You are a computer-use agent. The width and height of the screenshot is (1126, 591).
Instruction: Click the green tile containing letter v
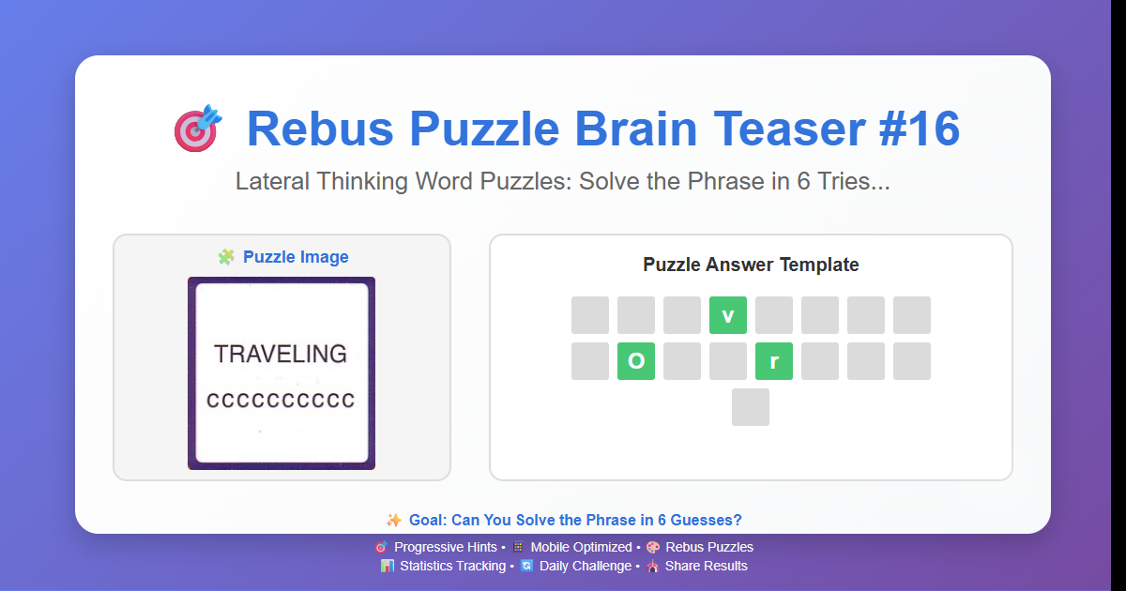point(728,315)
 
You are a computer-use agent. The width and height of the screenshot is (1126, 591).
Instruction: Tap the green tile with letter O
point(636,361)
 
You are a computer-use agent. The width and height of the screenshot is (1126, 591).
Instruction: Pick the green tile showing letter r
point(774,361)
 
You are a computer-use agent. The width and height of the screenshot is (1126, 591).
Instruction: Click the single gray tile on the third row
point(751,407)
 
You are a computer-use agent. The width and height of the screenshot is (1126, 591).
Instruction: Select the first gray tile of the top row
point(590,315)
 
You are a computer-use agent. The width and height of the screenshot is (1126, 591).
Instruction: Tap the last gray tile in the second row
point(912,361)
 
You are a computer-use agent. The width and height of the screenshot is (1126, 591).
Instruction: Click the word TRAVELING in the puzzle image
point(281,354)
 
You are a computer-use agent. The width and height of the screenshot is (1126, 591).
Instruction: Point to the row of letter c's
point(281,401)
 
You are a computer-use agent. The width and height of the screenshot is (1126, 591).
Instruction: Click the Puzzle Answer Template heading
point(751,265)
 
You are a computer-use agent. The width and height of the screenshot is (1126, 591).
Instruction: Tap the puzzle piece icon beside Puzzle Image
point(226,257)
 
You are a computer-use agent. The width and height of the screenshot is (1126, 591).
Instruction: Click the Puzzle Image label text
point(296,257)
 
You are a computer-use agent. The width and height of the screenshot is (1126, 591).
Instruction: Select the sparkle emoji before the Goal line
point(394,520)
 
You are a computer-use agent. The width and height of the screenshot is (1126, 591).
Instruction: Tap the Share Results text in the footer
point(706,566)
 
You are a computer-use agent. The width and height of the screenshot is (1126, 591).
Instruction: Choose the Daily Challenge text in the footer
point(585,566)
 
